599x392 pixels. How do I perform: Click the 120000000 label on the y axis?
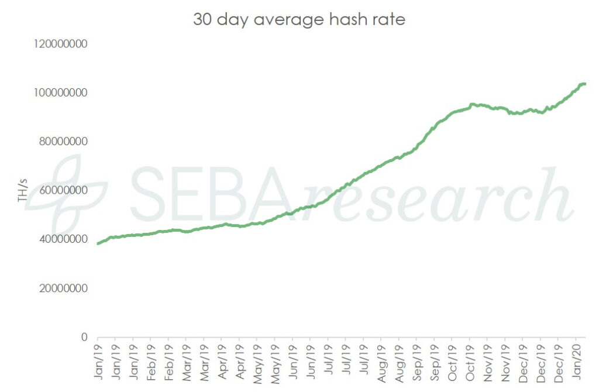[60, 44]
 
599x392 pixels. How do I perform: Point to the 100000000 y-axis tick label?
[60, 92]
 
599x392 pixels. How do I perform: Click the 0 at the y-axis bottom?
[85, 337]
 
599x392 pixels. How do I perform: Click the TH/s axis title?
[23, 191]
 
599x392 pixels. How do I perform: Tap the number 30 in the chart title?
[202, 19]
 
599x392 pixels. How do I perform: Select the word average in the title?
[273, 19]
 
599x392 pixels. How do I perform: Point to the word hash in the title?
[342, 19]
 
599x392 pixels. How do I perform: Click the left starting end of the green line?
[98, 243]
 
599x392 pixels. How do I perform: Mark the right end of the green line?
[585, 84]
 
